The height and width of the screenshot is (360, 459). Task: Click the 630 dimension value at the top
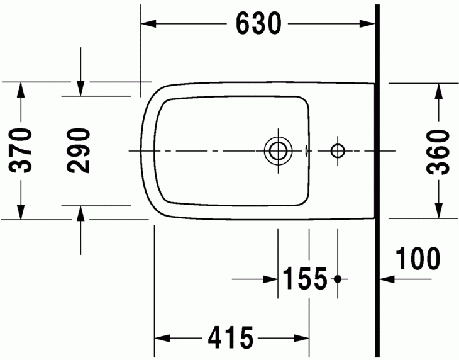[258, 24]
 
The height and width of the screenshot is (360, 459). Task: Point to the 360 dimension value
[438, 150]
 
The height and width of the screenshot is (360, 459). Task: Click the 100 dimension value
[418, 258]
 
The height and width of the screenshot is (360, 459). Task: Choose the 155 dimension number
[305, 278]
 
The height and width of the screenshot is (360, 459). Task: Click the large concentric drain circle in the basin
[277, 150]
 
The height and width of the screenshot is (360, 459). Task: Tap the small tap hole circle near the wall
[338, 150]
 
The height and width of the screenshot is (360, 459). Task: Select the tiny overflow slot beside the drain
[306, 150]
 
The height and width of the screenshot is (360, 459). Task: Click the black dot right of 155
[338, 278]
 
